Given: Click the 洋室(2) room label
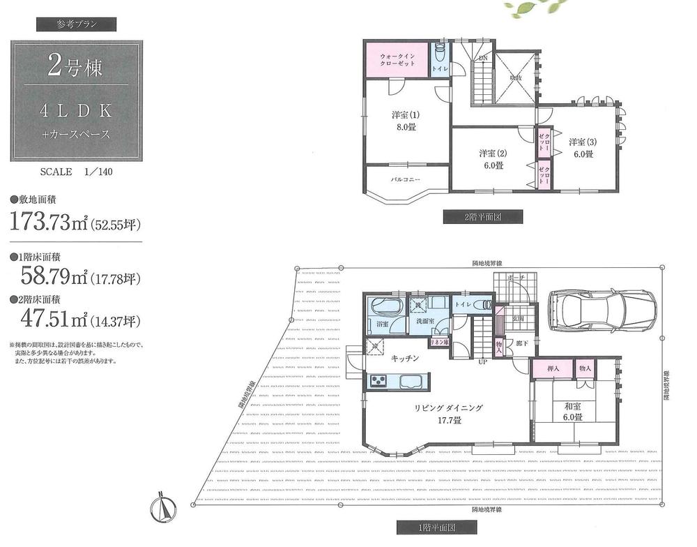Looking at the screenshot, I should [491, 159].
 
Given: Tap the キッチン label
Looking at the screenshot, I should [404, 358].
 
